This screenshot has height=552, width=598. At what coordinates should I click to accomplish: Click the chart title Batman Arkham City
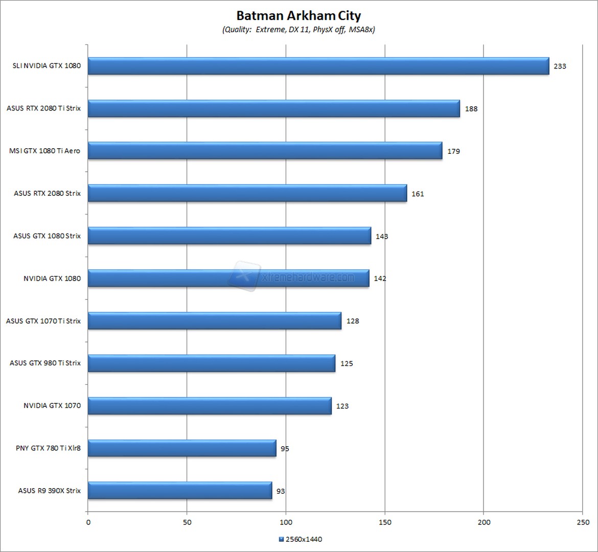[x=298, y=15]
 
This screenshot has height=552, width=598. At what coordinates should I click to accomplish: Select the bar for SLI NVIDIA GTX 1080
[x=318, y=66]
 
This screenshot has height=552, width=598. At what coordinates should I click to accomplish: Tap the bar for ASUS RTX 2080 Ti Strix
[x=273, y=108]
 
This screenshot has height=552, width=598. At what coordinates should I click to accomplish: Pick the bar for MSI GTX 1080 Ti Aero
[x=265, y=151]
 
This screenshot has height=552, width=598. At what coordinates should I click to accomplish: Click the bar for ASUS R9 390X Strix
[x=180, y=491]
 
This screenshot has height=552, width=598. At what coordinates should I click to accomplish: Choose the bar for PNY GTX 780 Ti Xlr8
[x=182, y=448]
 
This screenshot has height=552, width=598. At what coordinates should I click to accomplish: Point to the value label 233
[x=560, y=66]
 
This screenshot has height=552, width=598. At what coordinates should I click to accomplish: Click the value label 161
[x=418, y=194]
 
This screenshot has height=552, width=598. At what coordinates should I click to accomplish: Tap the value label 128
[x=353, y=321]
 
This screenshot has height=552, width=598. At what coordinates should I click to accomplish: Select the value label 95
[x=285, y=449]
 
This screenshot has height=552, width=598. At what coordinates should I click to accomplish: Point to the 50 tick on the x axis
[x=187, y=522]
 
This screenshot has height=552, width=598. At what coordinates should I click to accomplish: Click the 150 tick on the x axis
[x=385, y=522]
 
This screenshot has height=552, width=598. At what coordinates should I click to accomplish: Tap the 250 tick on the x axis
[x=583, y=522]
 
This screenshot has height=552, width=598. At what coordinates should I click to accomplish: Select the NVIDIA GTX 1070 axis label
[x=52, y=406]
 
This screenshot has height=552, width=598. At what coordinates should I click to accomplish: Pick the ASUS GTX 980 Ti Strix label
[x=45, y=363]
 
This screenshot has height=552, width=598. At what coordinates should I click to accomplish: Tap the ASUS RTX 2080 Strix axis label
[x=47, y=194]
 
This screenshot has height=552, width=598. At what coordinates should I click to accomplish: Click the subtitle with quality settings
[x=298, y=30]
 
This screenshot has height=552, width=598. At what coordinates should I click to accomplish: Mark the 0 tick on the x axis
[x=88, y=522]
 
